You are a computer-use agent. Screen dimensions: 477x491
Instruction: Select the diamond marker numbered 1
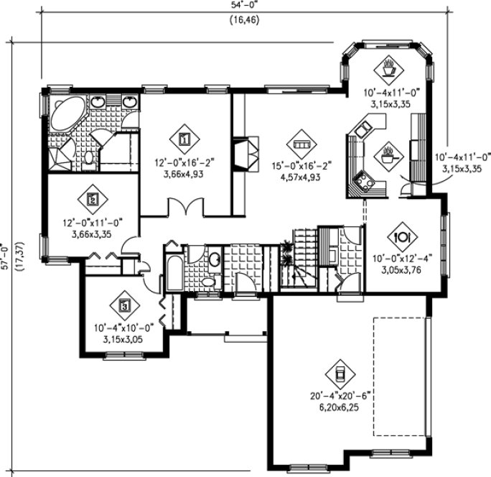click(x=184, y=136)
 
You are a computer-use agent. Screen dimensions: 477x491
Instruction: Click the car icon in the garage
click(x=339, y=372)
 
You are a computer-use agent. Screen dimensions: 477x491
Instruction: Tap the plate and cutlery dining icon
click(x=402, y=236)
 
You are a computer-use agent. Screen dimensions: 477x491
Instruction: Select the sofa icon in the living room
click(x=301, y=141)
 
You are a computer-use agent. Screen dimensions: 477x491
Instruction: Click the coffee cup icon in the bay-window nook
click(x=389, y=70)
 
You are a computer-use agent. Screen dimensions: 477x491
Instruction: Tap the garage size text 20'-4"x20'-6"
click(x=337, y=395)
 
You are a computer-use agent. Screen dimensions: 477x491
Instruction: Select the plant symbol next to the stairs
click(x=288, y=252)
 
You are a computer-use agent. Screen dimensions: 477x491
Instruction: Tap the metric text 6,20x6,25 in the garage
click(x=337, y=406)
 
